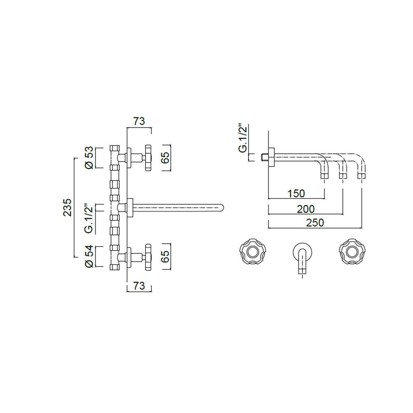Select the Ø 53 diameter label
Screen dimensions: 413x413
click(90, 157)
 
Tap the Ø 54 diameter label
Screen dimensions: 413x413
click(90, 257)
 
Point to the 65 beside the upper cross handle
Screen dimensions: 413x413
click(167, 157)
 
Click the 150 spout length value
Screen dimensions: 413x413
click(296, 193)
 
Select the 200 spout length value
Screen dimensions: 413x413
click(305, 209)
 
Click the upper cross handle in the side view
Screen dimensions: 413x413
click(148, 157)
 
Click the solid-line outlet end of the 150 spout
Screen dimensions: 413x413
click(324, 175)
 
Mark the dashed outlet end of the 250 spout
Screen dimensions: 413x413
click(363, 175)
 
